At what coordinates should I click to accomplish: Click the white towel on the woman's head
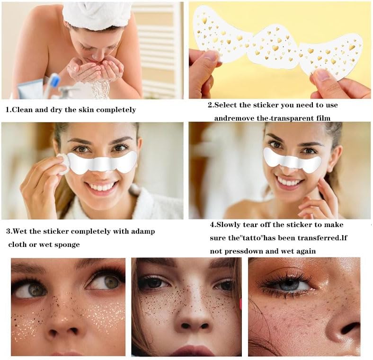tap(97, 14)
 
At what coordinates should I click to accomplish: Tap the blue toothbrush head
tap(55, 80)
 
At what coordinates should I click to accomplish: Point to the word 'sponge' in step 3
tap(67, 245)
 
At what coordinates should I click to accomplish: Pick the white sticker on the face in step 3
tap(102, 162)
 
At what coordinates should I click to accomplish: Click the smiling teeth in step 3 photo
tap(102, 186)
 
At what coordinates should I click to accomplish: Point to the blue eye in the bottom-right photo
tap(289, 284)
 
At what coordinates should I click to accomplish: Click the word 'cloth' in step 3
tap(18, 245)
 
